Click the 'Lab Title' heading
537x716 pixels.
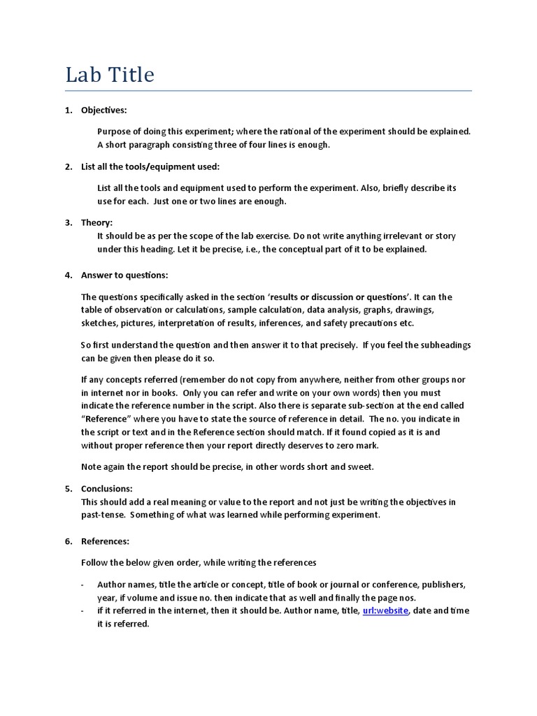pos(110,75)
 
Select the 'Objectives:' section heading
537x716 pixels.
pos(104,110)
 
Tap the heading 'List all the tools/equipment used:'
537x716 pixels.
pos(150,166)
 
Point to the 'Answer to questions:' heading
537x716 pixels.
pos(124,275)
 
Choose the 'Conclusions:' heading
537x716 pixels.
pos(106,489)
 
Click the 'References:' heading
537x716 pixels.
pos(105,541)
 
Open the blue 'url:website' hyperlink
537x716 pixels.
pos(386,610)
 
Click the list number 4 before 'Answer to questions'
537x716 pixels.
pos(69,275)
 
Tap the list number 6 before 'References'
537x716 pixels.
pos(69,541)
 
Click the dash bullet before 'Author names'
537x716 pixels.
pos(83,584)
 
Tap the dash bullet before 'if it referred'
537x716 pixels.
pos(83,610)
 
